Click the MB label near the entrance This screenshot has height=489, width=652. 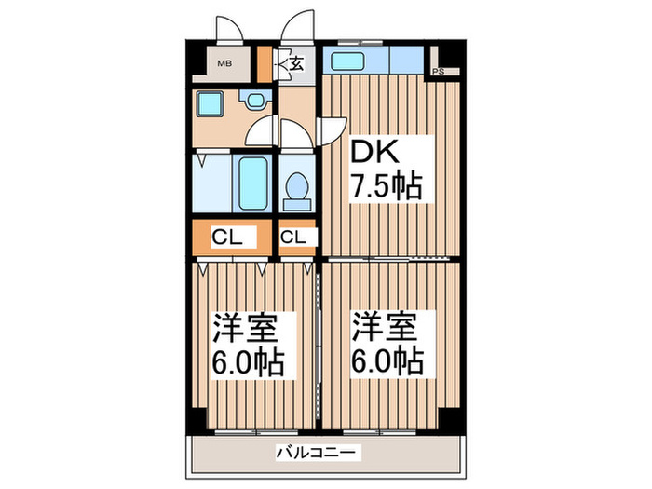click(x=224, y=64)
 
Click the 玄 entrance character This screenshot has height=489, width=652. click(x=295, y=64)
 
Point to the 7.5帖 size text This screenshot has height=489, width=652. click(x=385, y=187)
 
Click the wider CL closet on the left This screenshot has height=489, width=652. click(x=227, y=238)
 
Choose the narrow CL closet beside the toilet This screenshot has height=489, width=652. click(x=293, y=238)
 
